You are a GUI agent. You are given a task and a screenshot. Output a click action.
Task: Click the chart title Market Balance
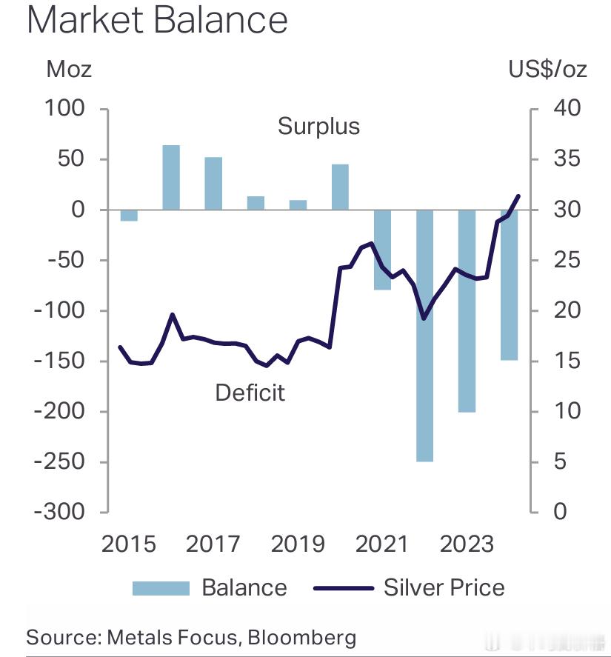tap(157, 21)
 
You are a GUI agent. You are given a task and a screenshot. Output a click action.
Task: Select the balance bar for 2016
tap(171, 177)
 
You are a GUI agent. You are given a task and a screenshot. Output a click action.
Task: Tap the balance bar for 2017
tap(213, 183)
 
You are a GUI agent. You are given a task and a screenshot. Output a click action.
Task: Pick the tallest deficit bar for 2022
tap(424, 335)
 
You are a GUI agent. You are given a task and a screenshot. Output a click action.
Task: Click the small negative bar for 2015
tap(129, 215)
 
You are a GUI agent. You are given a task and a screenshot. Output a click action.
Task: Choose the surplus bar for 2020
tap(340, 187)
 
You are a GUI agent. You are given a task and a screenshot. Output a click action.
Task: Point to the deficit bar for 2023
tap(467, 310)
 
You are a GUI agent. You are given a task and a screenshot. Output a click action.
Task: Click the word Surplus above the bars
tap(318, 127)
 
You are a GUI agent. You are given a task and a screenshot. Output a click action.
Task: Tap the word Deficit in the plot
tap(250, 392)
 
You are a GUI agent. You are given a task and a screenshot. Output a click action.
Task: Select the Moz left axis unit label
tap(69, 70)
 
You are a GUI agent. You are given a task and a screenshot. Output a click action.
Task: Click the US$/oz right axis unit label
tap(547, 70)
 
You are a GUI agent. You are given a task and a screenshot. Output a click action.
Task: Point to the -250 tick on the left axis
tap(61, 461)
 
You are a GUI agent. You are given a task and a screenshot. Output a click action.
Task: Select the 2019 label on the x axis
tap(298, 544)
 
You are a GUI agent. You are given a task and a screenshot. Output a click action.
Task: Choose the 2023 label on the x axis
tap(467, 544)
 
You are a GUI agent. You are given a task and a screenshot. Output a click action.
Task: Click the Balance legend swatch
tap(161, 588)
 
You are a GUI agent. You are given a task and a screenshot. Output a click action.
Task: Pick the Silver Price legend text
tap(444, 588)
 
